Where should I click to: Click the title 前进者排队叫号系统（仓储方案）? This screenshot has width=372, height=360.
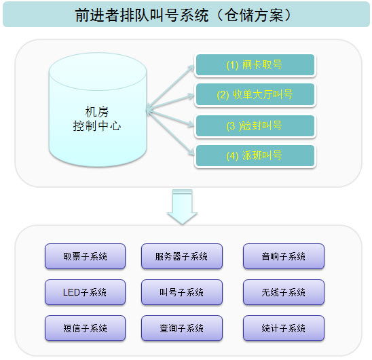tap(185, 15)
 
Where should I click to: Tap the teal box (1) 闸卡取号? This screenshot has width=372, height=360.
tap(255, 65)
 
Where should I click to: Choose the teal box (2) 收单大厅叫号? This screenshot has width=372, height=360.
tap(255, 95)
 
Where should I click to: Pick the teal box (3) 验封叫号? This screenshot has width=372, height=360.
tap(255, 126)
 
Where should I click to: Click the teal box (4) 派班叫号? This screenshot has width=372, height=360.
tap(255, 156)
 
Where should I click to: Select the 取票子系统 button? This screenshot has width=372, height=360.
tap(86, 257)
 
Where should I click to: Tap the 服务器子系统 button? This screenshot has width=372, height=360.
tap(181, 257)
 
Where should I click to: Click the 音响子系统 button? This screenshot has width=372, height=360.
tap(283, 257)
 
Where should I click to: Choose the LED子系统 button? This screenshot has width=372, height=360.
tap(86, 292)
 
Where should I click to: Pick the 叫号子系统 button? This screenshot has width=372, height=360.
tap(181, 292)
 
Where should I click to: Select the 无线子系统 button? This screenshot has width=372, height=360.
tap(283, 292)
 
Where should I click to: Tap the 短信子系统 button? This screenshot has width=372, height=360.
tap(86, 328)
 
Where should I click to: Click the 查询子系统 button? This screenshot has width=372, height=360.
tap(181, 328)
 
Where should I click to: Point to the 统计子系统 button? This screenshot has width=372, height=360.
tap(283, 328)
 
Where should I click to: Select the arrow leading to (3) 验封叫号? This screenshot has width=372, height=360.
tap(173, 116)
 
